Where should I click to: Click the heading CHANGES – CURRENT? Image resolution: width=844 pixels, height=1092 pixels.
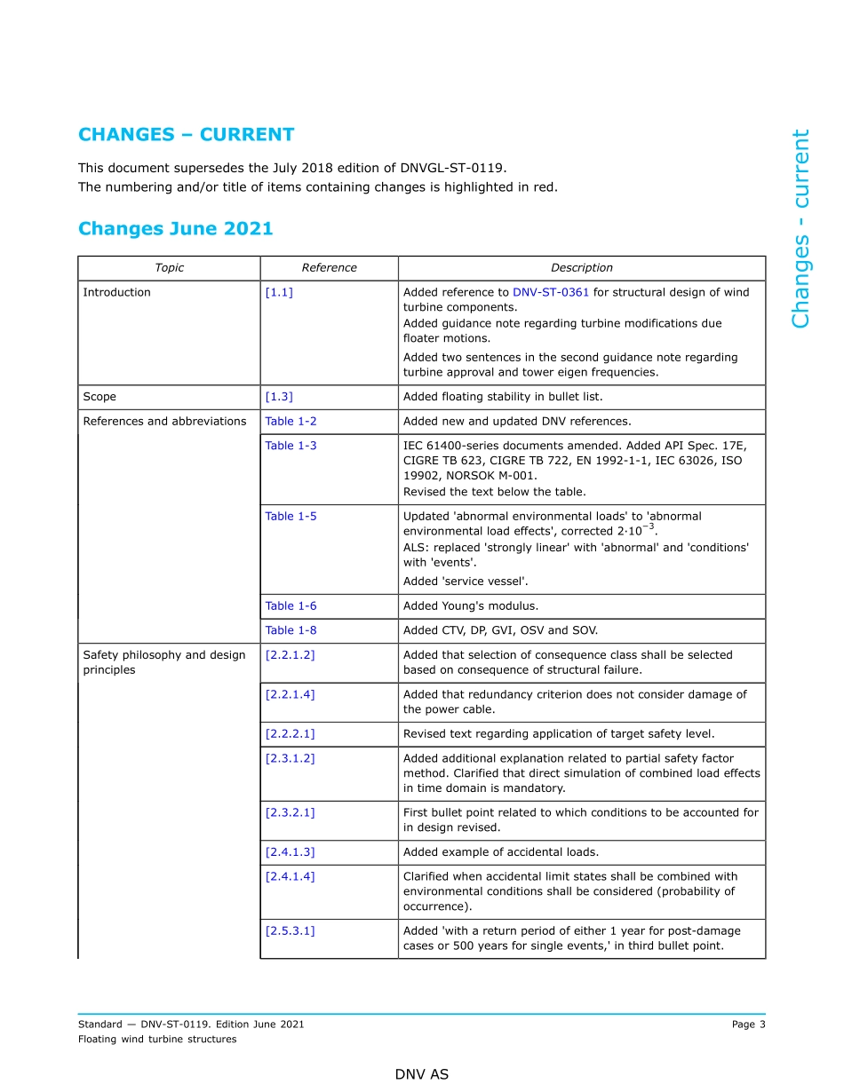tap(186, 135)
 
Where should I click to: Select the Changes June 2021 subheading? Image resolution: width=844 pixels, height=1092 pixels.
tap(175, 229)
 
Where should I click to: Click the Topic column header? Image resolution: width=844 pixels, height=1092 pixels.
tap(169, 268)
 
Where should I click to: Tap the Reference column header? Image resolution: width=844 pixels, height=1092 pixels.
tap(329, 268)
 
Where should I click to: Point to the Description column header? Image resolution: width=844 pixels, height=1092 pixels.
tap(581, 268)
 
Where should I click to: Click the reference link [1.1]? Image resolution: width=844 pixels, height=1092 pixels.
tap(279, 292)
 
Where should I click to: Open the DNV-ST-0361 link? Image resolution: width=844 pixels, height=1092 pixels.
tap(551, 292)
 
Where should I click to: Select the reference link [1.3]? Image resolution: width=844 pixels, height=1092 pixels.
tap(279, 397)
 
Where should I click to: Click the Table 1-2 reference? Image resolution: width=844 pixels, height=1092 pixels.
tap(291, 422)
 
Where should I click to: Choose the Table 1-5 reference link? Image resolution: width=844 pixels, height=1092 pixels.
tap(291, 516)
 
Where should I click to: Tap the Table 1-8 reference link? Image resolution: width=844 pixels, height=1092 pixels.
tap(291, 630)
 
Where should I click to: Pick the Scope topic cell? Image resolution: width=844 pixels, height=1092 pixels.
tap(100, 397)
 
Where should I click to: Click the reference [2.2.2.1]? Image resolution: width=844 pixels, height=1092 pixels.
tap(290, 734)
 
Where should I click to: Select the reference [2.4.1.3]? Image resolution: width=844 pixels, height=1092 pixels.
tap(290, 852)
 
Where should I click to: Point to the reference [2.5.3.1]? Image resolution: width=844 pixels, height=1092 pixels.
tap(290, 930)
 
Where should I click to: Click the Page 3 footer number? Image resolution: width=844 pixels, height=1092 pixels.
tap(748, 1025)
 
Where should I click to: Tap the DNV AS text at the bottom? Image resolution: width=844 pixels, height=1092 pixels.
tap(422, 1074)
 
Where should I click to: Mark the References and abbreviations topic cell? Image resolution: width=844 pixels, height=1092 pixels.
tap(164, 422)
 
